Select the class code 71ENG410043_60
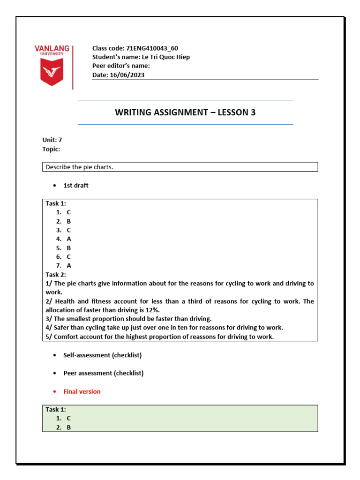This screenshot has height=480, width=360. pos(152,48)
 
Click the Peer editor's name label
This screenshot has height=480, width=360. pos(121,66)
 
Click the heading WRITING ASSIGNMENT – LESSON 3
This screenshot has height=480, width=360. pos(185,112)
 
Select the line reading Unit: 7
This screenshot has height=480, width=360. pos(52,140)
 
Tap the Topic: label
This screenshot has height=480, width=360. pos(51,149)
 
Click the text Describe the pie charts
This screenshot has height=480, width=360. pos(79,167)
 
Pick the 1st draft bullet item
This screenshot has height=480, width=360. pos(75,185)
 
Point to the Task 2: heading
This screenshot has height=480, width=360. pos(56,274)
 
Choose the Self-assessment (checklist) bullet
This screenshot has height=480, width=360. pos(102,355)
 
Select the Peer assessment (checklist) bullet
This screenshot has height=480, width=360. pos(103,373)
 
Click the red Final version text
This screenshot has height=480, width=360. pos(82,391)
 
